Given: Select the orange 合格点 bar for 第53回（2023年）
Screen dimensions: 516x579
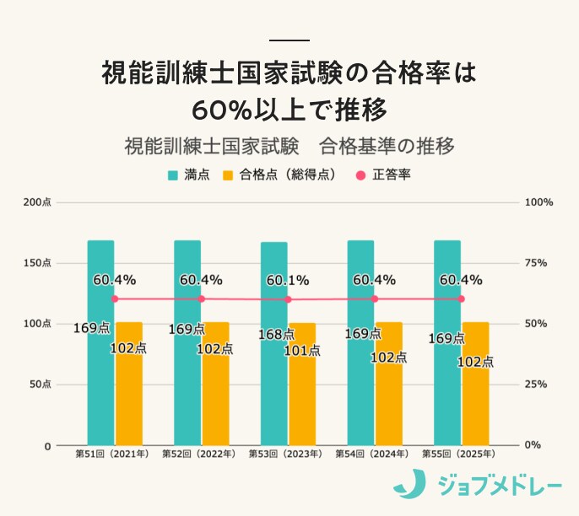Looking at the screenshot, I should (x=302, y=396).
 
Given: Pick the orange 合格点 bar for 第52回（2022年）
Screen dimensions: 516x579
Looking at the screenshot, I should (x=215, y=396).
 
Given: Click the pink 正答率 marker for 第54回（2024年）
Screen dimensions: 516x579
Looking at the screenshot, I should (x=375, y=298).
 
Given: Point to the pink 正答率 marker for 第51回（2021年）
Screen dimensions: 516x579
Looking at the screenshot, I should (x=115, y=298).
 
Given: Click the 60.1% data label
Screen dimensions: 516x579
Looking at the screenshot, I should (x=287, y=280).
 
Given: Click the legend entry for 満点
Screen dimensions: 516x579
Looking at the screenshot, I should (x=188, y=175).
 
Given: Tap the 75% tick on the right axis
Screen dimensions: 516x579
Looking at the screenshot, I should (x=538, y=263).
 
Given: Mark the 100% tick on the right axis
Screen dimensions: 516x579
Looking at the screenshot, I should (x=538, y=202).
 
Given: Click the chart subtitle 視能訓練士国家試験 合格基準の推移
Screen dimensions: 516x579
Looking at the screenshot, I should (x=289, y=146).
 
